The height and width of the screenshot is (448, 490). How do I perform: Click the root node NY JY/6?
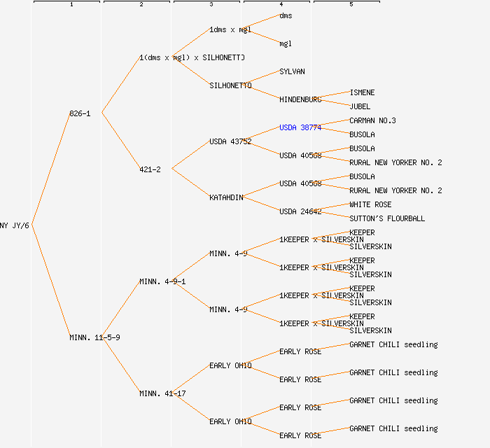14,225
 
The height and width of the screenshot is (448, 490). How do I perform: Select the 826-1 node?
80,113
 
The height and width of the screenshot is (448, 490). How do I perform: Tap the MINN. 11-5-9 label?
94,337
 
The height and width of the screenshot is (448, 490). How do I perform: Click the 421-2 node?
150,169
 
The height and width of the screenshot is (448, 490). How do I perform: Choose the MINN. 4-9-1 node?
162,281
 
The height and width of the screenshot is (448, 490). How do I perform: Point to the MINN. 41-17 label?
162,393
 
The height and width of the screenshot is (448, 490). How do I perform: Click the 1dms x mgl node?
230,29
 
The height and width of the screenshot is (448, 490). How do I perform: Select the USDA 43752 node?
230,141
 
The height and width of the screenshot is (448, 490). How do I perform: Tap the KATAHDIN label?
226,197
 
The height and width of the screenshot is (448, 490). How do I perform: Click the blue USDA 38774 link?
300,127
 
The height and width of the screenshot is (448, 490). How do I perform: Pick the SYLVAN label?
292,71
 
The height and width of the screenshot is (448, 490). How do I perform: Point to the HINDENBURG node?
300,99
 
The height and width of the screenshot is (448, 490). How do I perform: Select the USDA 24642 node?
300,211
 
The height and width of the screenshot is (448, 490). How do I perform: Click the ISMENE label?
362,92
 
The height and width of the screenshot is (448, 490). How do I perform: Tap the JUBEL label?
360,106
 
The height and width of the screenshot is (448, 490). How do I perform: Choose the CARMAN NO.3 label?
372,120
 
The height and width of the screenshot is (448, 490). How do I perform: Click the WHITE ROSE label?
370,204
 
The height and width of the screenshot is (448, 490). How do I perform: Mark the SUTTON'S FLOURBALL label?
387,218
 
